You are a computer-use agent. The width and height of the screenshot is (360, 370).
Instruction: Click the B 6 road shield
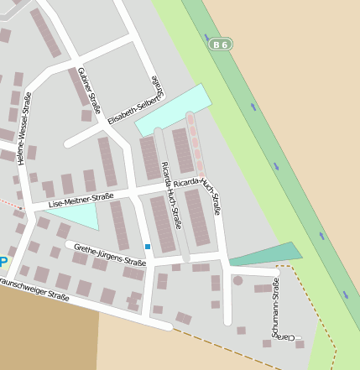pos(220,43)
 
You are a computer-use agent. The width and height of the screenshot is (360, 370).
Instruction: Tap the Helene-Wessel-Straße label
pos(25,128)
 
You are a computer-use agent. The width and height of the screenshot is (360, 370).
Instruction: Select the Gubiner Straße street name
pos(89,91)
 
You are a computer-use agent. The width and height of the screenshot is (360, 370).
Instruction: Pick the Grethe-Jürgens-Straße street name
pos(109,255)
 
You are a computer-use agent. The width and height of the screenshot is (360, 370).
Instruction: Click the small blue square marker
pos(148,247)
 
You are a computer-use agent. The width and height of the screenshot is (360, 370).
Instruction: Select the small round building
pos(237,281)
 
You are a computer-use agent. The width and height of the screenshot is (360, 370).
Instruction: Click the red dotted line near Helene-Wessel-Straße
pos(10,202)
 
